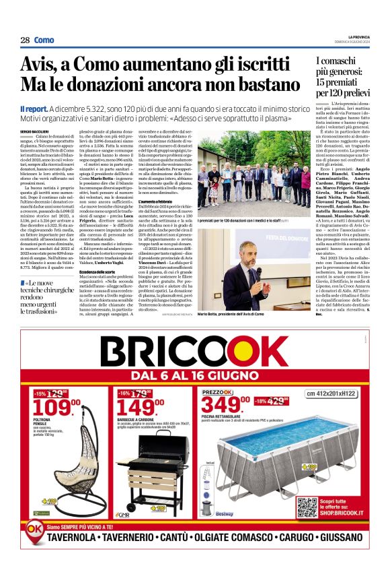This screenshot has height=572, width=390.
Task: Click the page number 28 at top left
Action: click(25, 40)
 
